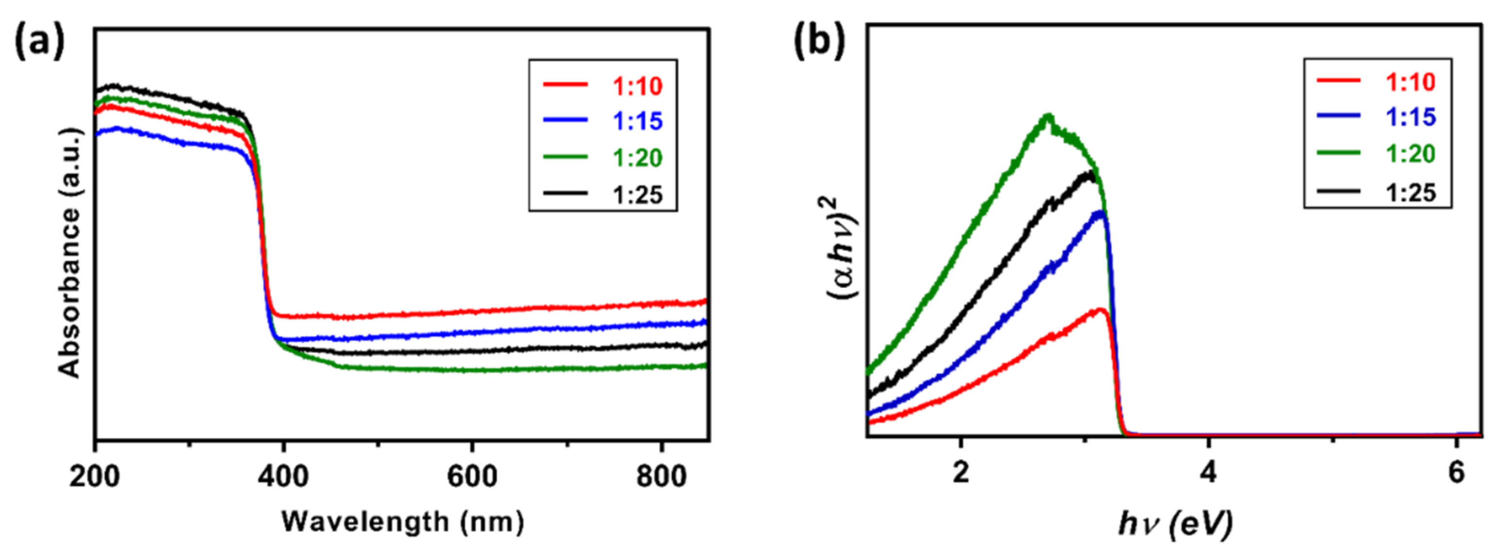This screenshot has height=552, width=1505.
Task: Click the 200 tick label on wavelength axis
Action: (x=94, y=477)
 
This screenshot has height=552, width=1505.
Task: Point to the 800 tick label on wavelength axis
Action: (x=661, y=477)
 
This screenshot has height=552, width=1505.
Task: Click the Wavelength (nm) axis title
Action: (x=402, y=521)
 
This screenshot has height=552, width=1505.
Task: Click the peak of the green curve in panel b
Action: (x=1048, y=116)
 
